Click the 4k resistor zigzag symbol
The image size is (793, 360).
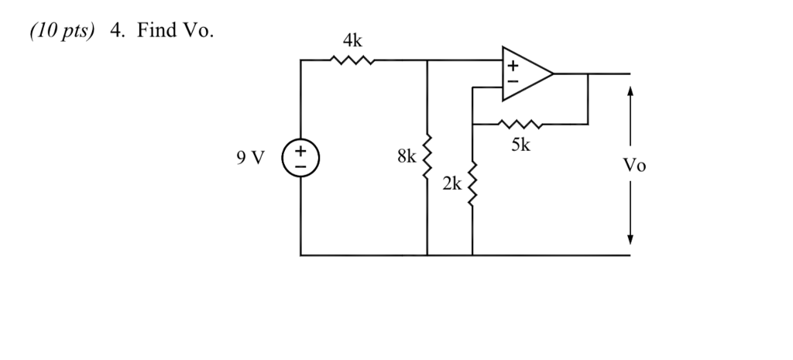point(352,60)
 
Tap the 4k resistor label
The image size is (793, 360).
point(352,40)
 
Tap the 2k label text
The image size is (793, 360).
point(452,184)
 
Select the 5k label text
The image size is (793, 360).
point(521,144)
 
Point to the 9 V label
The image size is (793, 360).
point(251,158)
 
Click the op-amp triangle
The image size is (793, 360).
point(525,74)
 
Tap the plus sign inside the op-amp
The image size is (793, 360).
point(511,66)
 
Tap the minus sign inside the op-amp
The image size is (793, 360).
point(511,81)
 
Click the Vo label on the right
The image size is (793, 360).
point(633,166)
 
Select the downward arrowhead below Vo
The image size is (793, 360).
point(631,238)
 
